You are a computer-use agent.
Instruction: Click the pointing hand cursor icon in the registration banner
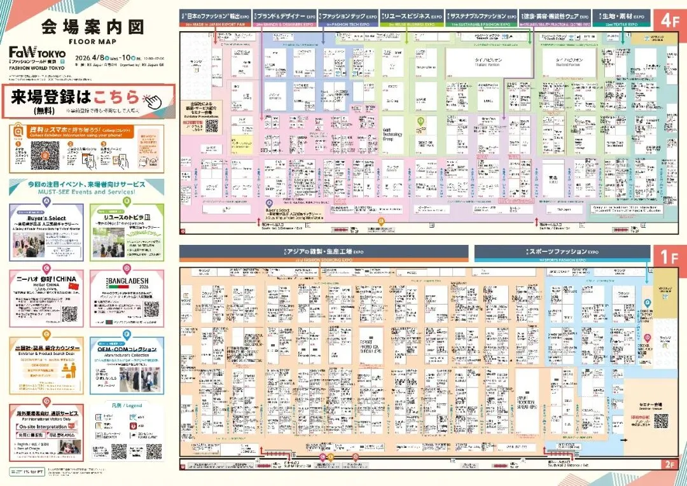[151, 99]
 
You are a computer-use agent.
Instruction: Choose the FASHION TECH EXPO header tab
[349, 17]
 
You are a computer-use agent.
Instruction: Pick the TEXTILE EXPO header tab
[621, 17]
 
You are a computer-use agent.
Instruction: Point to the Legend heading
[125, 405]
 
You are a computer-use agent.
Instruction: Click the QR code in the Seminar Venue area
[662, 421]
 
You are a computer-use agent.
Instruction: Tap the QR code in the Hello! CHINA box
[69, 314]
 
